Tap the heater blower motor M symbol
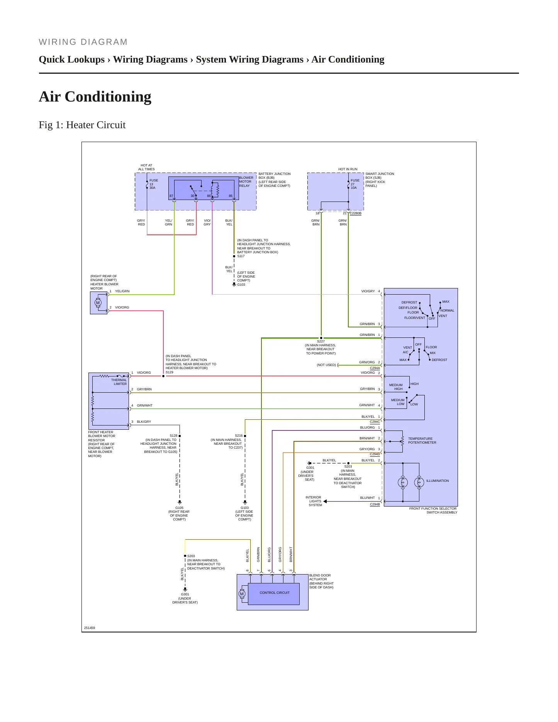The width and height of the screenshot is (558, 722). pyautogui.click(x=98, y=303)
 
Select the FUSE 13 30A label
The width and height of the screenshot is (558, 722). pyautogui.click(x=154, y=184)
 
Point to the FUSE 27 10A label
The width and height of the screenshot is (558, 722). pyautogui.click(x=355, y=184)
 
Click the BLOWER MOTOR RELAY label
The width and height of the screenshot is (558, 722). pyautogui.click(x=246, y=182)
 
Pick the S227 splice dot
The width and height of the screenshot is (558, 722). pyautogui.click(x=321, y=338)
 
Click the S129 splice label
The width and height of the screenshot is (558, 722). pyautogui.click(x=170, y=372)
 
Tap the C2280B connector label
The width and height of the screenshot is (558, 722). pyautogui.click(x=356, y=213)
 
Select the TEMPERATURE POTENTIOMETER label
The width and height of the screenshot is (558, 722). pyautogui.click(x=422, y=441)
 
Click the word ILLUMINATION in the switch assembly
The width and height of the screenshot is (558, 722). pyautogui.click(x=438, y=481)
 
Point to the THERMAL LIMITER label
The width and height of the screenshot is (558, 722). pyautogui.click(x=119, y=382)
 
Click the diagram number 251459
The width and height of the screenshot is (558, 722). pyautogui.click(x=90, y=628)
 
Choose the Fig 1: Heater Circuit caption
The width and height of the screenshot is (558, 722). pyautogui.click(x=82, y=125)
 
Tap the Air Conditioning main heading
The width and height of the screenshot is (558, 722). pyautogui.click(x=95, y=97)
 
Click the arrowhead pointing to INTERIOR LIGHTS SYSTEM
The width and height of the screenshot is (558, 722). pyautogui.click(x=325, y=501)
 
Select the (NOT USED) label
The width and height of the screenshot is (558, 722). pyautogui.click(x=326, y=365)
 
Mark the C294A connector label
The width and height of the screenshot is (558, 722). pyautogui.click(x=375, y=368)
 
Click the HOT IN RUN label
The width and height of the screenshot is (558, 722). pyautogui.click(x=348, y=169)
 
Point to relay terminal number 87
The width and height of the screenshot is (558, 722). pyautogui.click(x=171, y=196)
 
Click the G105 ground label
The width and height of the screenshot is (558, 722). pyautogui.click(x=180, y=508)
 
